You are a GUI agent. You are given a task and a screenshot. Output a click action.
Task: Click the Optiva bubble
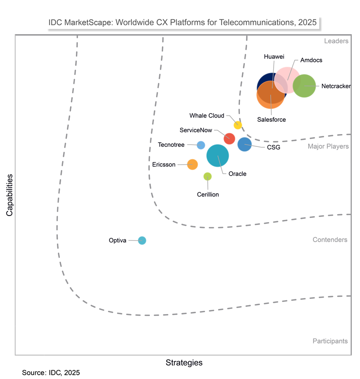coord(142,240)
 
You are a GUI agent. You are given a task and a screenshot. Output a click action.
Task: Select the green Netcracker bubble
coord(304,86)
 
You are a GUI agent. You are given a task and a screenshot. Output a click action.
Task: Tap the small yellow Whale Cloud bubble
coord(238,125)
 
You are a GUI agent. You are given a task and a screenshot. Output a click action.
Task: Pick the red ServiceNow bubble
coord(230,138)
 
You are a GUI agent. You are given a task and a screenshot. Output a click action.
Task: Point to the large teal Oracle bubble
coord(218,155)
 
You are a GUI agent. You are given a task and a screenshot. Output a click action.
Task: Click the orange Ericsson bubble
coord(192,164)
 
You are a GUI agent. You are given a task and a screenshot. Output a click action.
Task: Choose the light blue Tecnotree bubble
coord(201,145)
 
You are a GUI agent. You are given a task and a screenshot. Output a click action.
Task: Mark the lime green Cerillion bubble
coord(207,177)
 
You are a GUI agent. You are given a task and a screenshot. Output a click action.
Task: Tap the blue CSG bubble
coord(245,144)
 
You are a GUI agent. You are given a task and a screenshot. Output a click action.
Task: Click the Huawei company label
coord(274,57)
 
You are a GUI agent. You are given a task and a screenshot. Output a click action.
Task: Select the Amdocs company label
coord(312,60)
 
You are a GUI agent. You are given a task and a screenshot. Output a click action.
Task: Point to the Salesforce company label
coord(271,119)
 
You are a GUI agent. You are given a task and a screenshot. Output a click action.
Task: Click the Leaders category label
coord(336,41)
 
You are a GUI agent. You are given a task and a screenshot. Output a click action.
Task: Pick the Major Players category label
coord(328,146)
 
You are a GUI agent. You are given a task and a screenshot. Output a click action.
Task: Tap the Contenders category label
coord(330,240)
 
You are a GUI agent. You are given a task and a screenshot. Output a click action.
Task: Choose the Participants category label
coord(330,341)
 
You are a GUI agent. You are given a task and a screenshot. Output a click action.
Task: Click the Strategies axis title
coord(184,363)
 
